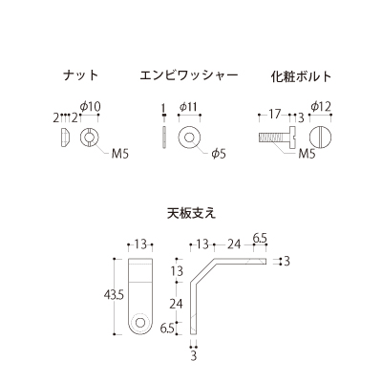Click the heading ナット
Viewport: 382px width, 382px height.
[81, 75]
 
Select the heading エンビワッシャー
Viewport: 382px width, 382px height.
[189, 75]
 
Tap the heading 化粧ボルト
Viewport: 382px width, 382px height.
[302, 76]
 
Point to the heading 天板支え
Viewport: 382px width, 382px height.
[191, 213]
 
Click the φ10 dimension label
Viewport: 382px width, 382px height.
[90, 106]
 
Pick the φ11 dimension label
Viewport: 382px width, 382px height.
[188, 107]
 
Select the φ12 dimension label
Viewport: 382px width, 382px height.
[321, 106]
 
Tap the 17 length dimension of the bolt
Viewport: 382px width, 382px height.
[274, 114]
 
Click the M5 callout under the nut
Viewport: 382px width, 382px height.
[120, 155]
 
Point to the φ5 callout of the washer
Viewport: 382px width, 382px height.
[219, 154]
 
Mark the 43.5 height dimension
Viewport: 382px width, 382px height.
[114, 296]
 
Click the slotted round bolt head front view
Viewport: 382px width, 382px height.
[321, 138]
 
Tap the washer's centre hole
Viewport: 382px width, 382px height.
[189, 138]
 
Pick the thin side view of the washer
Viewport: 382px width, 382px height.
[164, 138]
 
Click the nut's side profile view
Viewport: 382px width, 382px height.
[64, 138]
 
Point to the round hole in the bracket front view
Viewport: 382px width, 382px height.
[139, 322]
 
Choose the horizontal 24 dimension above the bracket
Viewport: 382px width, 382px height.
[234, 244]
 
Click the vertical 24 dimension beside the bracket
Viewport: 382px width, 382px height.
[176, 304]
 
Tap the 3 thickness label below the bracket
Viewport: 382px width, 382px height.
[194, 355]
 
